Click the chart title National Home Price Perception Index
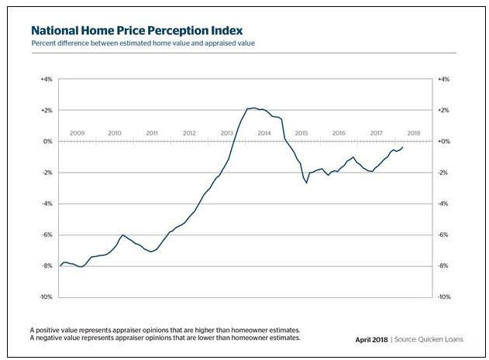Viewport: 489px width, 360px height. [x=138, y=29]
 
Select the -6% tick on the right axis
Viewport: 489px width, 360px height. [x=444, y=235]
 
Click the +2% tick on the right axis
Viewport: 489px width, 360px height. [x=444, y=111]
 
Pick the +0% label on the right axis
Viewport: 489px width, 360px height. [x=444, y=142]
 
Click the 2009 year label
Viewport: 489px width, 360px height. [x=77, y=133]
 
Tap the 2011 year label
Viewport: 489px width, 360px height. [x=152, y=133]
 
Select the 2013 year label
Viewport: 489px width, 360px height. [x=227, y=133]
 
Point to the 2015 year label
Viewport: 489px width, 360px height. [x=301, y=133]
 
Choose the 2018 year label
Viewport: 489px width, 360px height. [x=414, y=133]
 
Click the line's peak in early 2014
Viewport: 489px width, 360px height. [x=253, y=108]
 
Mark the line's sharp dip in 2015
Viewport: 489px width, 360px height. [x=307, y=183]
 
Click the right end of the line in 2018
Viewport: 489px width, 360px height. [x=404, y=147]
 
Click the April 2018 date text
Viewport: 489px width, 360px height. [x=371, y=338]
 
